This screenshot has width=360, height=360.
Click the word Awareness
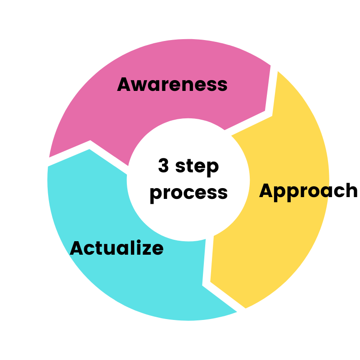coord(172,85)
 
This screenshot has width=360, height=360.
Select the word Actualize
coord(117,248)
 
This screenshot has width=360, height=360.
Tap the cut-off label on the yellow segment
coord(294,191)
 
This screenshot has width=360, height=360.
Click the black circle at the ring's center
coord(188,180)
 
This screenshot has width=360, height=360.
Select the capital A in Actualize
coord(77,248)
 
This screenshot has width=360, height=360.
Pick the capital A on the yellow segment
coord(266,191)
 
